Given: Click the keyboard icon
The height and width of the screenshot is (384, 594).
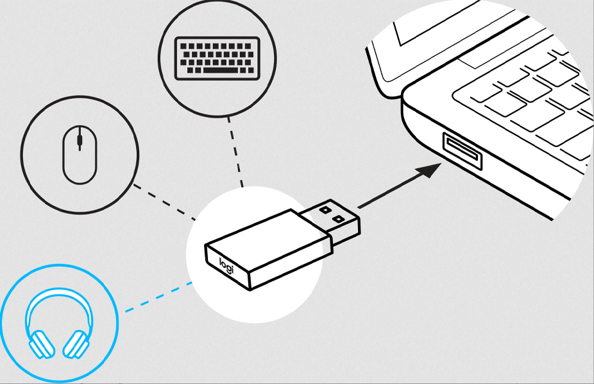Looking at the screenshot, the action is [x=217, y=58].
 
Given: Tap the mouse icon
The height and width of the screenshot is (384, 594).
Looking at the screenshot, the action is [x=80, y=155].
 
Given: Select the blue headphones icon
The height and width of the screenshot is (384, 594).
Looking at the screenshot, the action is [x=59, y=324].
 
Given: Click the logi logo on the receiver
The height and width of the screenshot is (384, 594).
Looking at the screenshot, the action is [x=226, y=265].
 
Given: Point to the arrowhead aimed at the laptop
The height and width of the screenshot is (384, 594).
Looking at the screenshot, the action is [x=429, y=170].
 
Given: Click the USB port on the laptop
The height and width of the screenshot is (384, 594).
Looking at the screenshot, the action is [x=462, y=151].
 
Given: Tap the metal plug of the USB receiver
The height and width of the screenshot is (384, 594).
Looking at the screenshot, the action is [x=330, y=222].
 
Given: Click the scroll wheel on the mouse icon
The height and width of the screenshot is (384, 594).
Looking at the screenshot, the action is [x=80, y=139].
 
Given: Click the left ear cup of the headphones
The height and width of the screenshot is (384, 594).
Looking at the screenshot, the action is [x=40, y=345].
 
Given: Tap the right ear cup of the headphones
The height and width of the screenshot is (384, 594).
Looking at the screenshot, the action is [x=76, y=345].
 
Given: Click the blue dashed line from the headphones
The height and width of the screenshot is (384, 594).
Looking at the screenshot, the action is [x=158, y=297].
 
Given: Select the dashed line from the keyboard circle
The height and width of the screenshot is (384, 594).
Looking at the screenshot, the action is [x=235, y=152].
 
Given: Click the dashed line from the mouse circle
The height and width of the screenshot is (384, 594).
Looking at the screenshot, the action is [x=164, y=202].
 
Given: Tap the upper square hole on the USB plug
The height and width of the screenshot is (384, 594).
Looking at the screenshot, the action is [x=325, y=209].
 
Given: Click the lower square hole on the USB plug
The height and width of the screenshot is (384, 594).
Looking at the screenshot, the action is [x=338, y=219].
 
